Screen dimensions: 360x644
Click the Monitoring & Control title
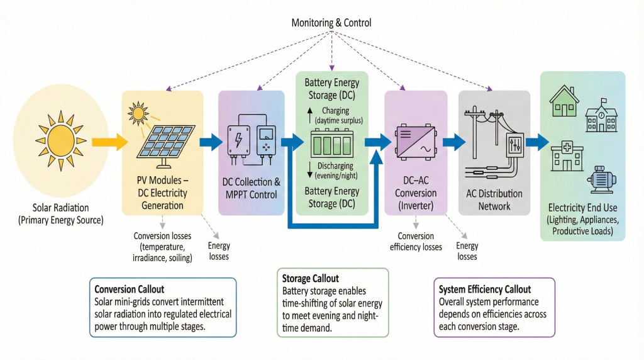pyautogui.click(x=331, y=23)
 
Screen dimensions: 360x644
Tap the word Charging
pyautogui.click(x=339, y=111)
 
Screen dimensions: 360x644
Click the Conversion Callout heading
pyautogui.click(x=129, y=290)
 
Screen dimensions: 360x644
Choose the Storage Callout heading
pyautogui.click(x=311, y=278)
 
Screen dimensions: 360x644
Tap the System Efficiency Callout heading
pyautogui.click(x=484, y=290)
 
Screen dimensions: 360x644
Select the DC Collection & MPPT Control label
pyautogui.click(x=252, y=188)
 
